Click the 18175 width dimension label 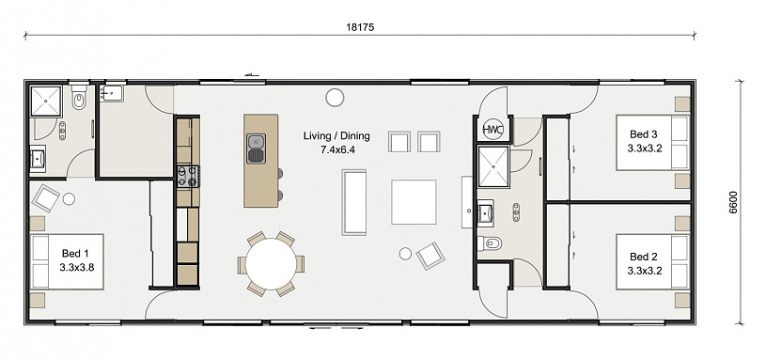360,27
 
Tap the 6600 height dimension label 733,202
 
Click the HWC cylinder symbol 490,130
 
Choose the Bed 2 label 644,257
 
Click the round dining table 271,264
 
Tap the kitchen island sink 256,149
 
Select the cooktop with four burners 188,177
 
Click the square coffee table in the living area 414,202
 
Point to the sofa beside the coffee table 354,202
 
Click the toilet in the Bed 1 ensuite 79,99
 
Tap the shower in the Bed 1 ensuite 46,102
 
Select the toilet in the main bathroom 489,243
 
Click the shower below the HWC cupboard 493,166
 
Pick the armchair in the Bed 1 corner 45,197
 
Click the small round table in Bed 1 69,199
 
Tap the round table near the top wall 335,97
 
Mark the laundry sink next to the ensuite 113,93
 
